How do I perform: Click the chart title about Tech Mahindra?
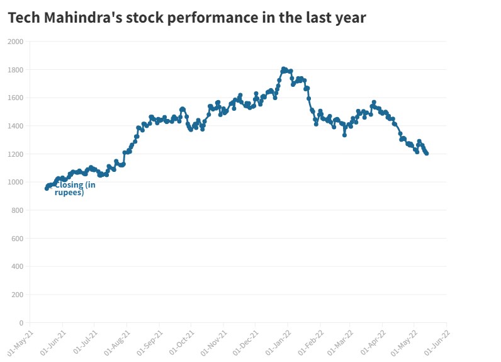pos(187,18)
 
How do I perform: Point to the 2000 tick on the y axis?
pos(15,42)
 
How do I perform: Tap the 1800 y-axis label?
pos(15,70)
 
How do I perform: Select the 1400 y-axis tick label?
pos(15,126)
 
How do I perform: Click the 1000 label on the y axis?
pos(15,183)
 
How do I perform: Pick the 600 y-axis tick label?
pos(16,239)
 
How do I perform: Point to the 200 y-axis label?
pos(16,295)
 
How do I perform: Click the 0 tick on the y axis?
pos(21,323)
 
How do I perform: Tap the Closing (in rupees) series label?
pos(74,188)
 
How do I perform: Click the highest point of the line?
pos(284,69)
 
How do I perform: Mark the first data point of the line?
pos(47,188)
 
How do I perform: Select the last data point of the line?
pos(427,153)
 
